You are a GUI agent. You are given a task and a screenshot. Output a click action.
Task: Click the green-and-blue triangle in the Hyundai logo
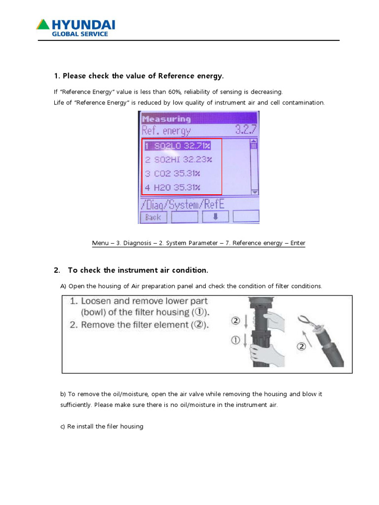click(43, 24)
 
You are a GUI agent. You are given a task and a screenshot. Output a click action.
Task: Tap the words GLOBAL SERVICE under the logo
click(80, 34)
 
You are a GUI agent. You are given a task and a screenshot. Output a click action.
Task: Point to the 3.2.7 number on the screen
click(245, 131)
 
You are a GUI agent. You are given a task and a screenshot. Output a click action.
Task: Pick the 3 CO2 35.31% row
click(172, 173)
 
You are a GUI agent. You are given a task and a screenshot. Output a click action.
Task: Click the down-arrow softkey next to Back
click(215, 217)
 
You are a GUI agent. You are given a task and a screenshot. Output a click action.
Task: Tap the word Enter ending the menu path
click(297, 243)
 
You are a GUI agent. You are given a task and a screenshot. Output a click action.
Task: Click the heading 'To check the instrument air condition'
click(138, 270)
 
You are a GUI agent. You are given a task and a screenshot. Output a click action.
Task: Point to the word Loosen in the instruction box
click(96, 301)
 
